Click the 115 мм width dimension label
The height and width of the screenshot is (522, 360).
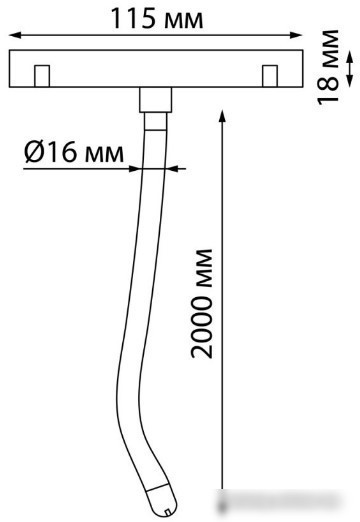coord(157,18)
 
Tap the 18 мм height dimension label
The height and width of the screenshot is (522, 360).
coord(328,67)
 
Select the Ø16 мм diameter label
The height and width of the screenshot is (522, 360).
coord(74,152)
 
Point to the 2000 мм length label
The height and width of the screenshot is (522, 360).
coord(202,303)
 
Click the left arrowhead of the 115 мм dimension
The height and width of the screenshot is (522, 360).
coord(15,35)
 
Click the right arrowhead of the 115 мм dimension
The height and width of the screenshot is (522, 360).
coord(296,35)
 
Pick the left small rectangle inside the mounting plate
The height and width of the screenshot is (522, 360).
coord(42,76)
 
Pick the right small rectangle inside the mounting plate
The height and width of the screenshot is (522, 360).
coord(270,76)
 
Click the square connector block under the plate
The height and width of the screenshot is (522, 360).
coord(156,100)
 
